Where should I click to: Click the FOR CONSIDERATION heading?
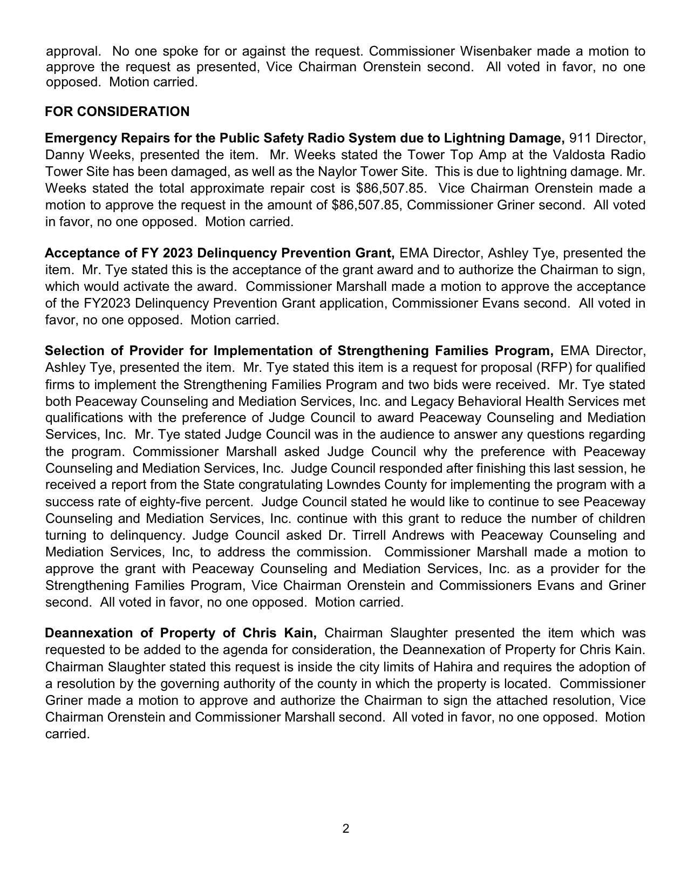coord(117,112)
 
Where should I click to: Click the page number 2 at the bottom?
coord(345,829)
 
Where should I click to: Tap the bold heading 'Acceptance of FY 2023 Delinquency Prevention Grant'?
coord(220,253)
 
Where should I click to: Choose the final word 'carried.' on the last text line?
coord(67,734)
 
